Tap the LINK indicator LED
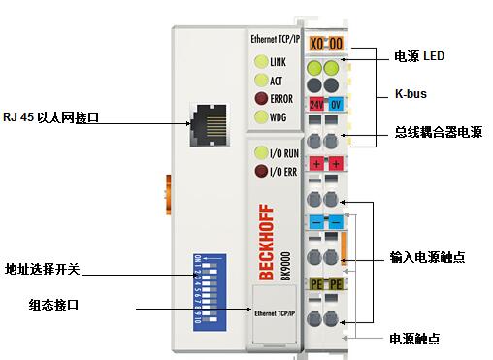pos(261,62)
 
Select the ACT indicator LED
pos(261,80)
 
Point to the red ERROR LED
pos(261,98)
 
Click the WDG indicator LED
pos(261,117)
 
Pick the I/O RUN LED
pos(261,153)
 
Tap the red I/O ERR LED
pos(261,172)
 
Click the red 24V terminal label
pos(316,103)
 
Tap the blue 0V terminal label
pos(335,103)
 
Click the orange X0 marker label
pos(316,45)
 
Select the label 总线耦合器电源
pos(438,132)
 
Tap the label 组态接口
pos(53,305)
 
